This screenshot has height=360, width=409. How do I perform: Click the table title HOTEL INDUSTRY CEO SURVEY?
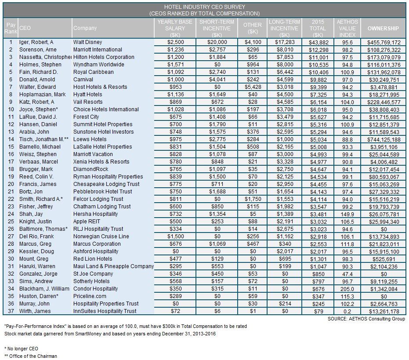coord(205,7)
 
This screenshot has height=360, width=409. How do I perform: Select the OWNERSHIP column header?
coord(383,28)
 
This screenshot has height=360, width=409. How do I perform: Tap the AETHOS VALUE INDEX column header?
coord(347,28)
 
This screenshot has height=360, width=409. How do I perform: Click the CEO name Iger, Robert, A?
coord(36,42)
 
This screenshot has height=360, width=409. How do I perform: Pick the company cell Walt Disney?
coord(88,42)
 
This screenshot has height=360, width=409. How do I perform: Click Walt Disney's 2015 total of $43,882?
coord(319,43)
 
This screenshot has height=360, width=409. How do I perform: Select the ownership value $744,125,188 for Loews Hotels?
coord(384,140)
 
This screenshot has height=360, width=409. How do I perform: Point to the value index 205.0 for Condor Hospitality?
coord(347,289)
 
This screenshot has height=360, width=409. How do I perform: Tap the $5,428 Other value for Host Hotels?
coord(253,87)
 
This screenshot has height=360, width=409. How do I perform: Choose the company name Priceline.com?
coord(90,296)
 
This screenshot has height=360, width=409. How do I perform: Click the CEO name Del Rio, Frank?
coord(36,236)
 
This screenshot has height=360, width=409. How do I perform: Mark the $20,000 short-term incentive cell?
coord(217,42)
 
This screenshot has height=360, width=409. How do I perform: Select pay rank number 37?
coord(11,311)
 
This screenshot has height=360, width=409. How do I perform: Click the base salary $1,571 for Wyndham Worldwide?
coord(176,65)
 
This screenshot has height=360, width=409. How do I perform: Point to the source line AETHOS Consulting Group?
coord(366,319)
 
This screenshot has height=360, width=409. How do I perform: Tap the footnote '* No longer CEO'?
coord(21,349)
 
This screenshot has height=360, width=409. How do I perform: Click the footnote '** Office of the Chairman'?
coord(30,356)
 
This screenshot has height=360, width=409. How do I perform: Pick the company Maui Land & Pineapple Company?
coord(113,266)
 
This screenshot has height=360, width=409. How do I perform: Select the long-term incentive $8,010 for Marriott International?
coord(285,50)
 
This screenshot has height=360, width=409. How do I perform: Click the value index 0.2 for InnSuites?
coord(347,312)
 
